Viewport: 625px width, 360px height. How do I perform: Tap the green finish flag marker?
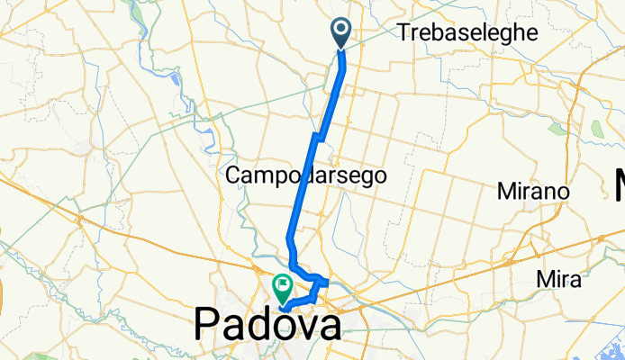tap(283, 287)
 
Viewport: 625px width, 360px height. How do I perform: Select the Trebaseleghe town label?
tap(468, 32)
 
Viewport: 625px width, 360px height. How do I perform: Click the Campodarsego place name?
tap(306, 176)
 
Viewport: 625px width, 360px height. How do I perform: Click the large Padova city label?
tap(268, 324)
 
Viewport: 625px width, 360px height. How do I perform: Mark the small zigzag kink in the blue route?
tap(318, 136)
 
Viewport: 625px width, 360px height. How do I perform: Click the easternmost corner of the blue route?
tap(327, 283)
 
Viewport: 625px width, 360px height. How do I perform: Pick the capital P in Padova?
tap(207, 324)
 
